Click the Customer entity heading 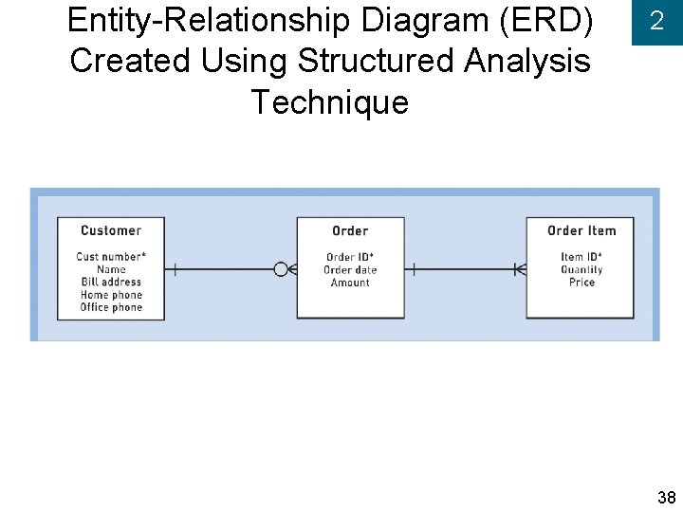(x=111, y=230)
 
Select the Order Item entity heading (x=581, y=230)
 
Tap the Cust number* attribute (x=111, y=256)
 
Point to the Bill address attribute (x=111, y=282)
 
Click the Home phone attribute (x=111, y=295)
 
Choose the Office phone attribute (x=111, y=307)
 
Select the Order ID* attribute (x=350, y=257)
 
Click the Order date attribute (x=350, y=270)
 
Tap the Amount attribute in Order (x=350, y=283)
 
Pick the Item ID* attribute (x=581, y=257)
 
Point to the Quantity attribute (x=581, y=270)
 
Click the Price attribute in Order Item (x=581, y=283)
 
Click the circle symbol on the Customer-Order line (x=281, y=269)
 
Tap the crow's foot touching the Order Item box (x=519, y=269)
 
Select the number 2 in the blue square (x=656, y=22)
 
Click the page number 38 (x=666, y=498)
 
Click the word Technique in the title (x=329, y=101)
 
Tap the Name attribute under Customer (x=111, y=269)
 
